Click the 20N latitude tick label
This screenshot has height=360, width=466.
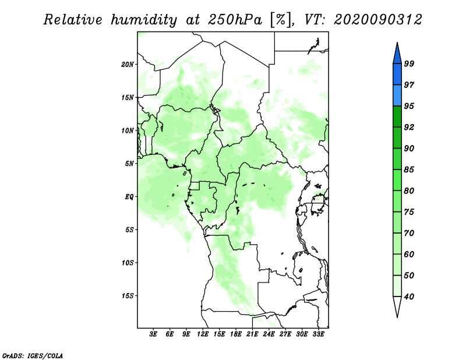(x=128, y=65)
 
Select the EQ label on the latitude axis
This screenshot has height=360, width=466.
(x=129, y=197)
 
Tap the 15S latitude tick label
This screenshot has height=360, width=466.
(x=128, y=296)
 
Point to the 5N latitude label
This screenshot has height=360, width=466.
(x=129, y=164)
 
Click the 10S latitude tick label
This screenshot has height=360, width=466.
(x=128, y=263)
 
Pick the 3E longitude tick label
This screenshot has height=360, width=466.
(x=153, y=334)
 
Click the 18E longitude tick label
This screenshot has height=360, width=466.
(x=236, y=334)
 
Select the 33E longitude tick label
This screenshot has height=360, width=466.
(x=318, y=334)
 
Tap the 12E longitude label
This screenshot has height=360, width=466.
(x=203, y=334)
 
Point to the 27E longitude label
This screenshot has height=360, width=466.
(x=285, y=334)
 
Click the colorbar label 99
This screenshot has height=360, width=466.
(x=409, y=63)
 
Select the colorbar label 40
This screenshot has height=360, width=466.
(x=409, y=297)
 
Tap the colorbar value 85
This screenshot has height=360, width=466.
(x=409, y=170)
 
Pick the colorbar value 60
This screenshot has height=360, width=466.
(x=409, y=254)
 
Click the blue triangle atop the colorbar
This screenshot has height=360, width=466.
(x=397, y=54)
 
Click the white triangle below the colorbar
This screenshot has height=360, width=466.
(x=397, y=306)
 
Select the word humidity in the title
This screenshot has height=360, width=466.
(x=144, y=20)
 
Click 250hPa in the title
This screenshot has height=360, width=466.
(x=235, y=20)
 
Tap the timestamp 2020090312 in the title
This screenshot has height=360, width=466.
(x=377, y=20)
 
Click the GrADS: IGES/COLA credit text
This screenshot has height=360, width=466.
(x=33, y=355)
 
